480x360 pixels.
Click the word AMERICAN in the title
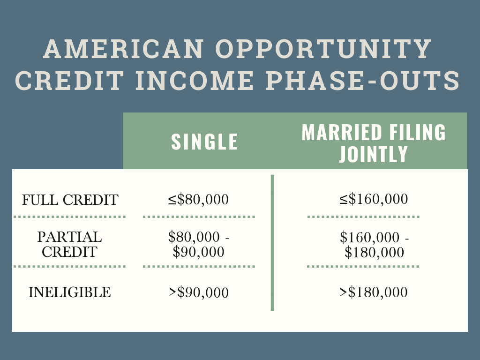[124, 49]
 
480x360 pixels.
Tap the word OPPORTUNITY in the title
[323, 49]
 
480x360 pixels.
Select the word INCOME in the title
[195, 81]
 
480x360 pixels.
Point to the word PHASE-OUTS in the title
[362, 81]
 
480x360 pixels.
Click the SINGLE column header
[204, 142]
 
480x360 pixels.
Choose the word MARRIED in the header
[342, 132]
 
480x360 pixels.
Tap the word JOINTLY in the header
[374, 154]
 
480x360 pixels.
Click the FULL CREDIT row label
[70, 200]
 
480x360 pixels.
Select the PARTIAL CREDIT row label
[69, 244]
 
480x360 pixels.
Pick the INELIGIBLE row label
[69, 292]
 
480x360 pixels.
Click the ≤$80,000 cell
[198, 199]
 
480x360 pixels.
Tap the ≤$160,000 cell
[374, 199]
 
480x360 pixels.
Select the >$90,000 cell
[199, 292]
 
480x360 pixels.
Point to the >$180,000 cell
[374, 292]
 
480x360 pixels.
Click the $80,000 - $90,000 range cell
[199, 244]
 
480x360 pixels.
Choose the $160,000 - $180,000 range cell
[374, 245]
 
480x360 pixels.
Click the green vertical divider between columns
[272, 243]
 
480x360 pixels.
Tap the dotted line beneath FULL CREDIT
[69, 217]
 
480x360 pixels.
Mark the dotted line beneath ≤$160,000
[363, 217]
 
